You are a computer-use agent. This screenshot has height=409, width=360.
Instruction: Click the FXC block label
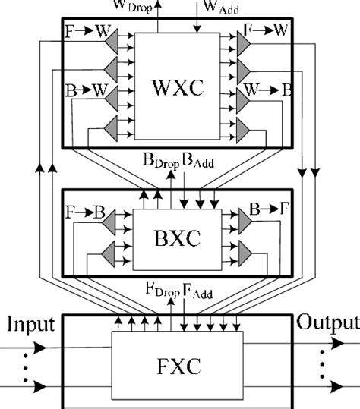point(178,369)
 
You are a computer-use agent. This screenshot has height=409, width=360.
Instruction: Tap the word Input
point(31,325)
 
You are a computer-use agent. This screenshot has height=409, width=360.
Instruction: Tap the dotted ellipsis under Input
point(24,367)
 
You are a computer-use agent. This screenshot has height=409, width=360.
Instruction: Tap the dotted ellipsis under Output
point(325,367)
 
